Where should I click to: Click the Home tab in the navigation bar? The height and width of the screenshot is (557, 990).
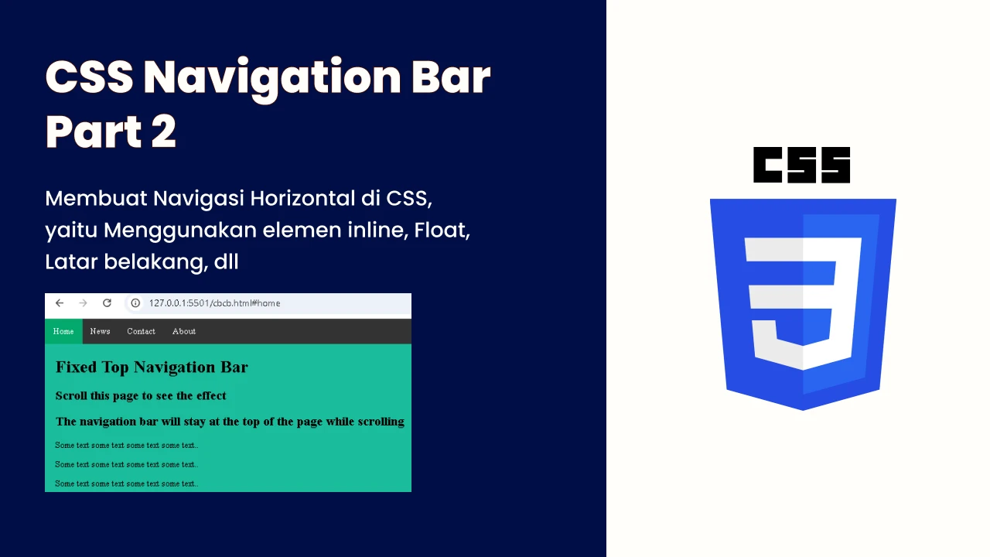(x=63, y=331)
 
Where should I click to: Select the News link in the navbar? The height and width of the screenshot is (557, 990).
(x=100, y=331)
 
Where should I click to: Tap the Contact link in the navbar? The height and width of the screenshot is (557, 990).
(x=141, y=331)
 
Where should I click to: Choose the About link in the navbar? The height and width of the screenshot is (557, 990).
(x=184, y=331)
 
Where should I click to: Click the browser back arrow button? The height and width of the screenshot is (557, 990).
(x=60, y=302)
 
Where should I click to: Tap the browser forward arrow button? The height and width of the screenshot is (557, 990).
(x=83, y=302)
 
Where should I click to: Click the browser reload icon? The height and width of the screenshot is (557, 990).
(x=107, y=302)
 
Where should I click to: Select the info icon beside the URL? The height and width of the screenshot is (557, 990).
(x=135, y=302)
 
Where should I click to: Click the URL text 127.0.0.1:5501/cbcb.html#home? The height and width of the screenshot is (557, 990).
(x=214, y=303)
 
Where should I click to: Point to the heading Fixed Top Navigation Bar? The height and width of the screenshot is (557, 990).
(x=152, y=367)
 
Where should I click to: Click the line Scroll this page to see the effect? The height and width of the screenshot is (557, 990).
(x=141, y=395)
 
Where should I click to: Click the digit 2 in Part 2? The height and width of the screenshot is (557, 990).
(x=163, y=132)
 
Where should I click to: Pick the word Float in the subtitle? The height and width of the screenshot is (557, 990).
(x=442, y=230)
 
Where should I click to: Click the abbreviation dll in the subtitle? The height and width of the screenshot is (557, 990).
(x=226, y=261)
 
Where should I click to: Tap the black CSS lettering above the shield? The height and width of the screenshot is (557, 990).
(x=802, y=165)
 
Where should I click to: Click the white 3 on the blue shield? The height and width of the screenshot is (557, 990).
(x=803, y=303)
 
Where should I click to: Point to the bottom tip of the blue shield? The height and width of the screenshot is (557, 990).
(x=803, y=410)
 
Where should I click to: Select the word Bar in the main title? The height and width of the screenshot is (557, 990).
(x=451, y=77)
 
